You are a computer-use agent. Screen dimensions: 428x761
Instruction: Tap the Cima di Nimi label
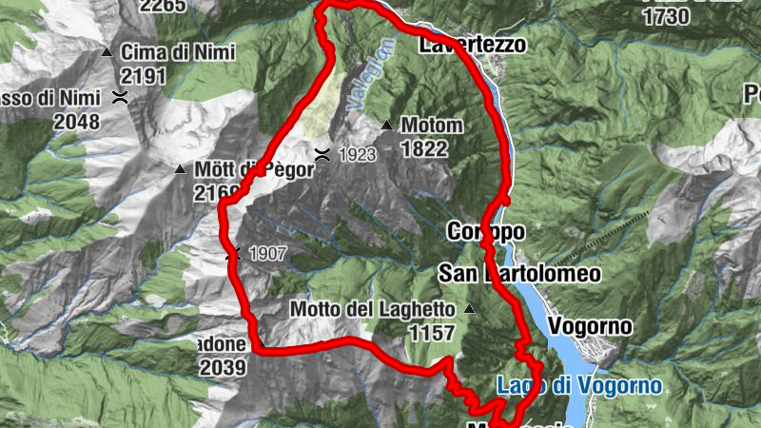coord(170,52)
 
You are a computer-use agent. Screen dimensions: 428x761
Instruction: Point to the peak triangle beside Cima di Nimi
coord(107,51)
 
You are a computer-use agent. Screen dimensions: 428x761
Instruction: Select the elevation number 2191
coord(145,76)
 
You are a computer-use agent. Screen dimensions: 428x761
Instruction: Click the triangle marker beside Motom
coord(386,125)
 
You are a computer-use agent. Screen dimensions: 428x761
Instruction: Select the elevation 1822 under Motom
coord(425,148)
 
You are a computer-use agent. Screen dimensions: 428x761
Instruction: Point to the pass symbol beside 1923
coord(323,154)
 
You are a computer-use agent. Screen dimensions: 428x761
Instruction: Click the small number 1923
coord(356,154)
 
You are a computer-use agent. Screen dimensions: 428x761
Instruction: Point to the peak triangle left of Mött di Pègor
coord(180,169)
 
